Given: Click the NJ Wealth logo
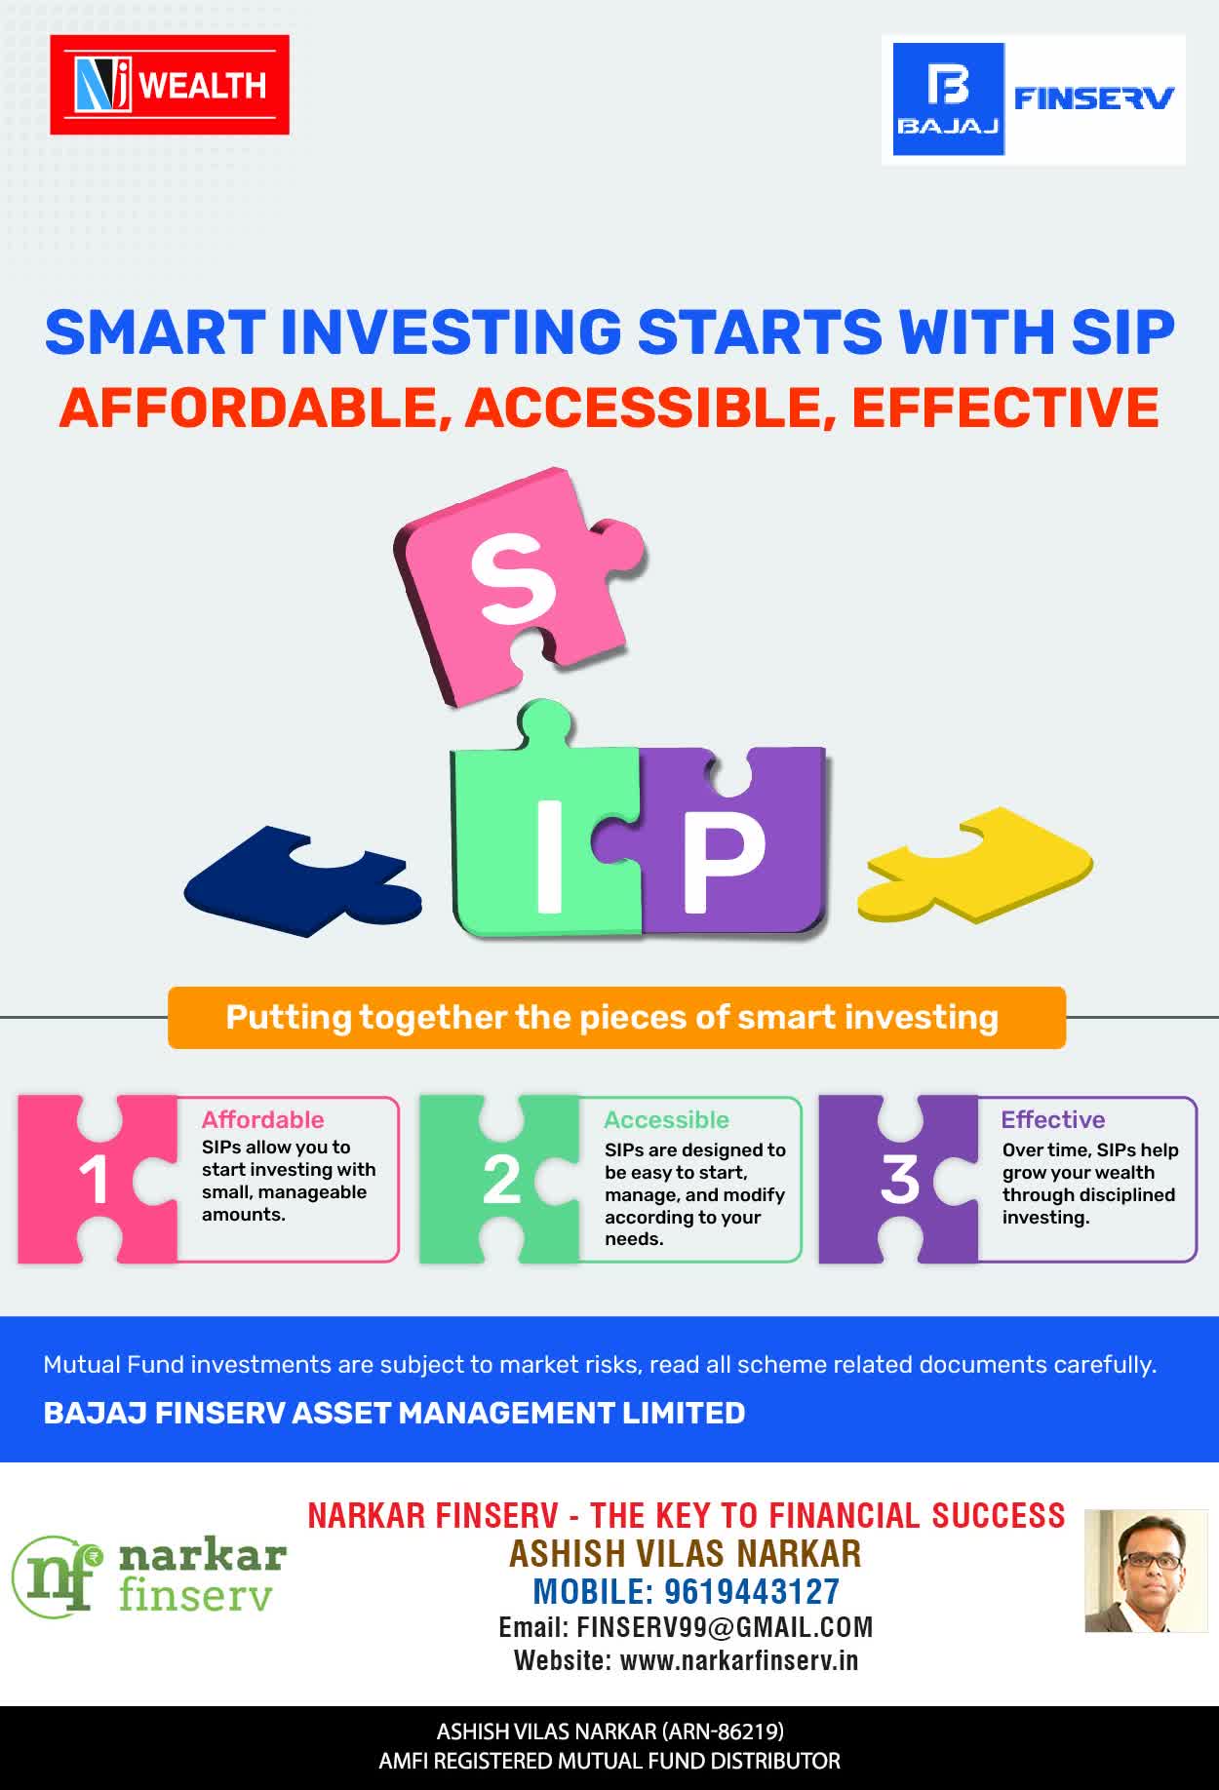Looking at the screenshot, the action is pos(170,85).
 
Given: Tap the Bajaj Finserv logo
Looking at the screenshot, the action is pos(1034,99).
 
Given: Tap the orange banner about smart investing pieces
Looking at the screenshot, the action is pos(616,1018).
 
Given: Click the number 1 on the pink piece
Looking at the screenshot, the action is pos(94,1181).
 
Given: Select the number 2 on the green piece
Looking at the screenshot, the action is pos(501,1181).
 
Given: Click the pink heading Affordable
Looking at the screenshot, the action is pos(262,1119).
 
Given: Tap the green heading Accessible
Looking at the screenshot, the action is pos(666,1119).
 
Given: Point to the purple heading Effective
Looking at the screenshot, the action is pos(1053,1119).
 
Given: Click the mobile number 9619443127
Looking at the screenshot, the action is pos(752,1591).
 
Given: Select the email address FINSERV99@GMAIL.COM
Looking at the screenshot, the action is pos(725,1627).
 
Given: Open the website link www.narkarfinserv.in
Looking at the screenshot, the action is pos(739,1660).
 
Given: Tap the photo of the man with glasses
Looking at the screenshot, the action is pos(1146,1571).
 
